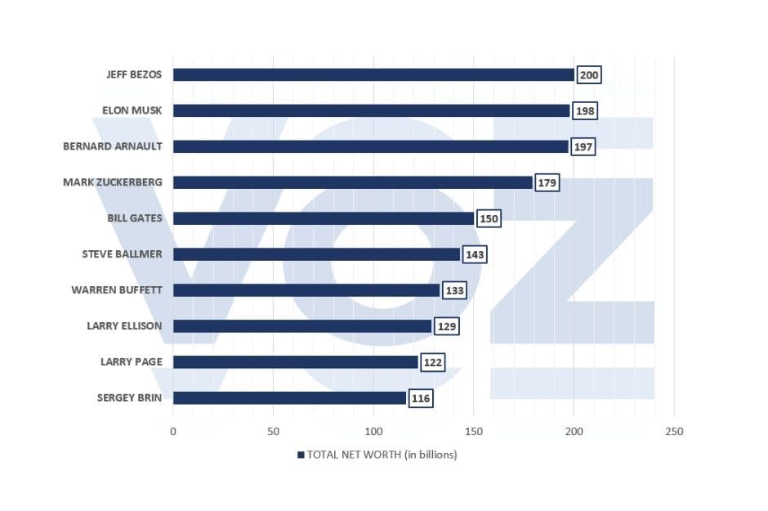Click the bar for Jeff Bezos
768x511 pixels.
(x=373, y=74)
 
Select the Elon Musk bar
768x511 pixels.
(x=371, y=110)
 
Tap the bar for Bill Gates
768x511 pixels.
(x=324, y=218)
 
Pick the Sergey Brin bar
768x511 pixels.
(x=289, y=398)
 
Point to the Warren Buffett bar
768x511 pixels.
(x=306, y=290)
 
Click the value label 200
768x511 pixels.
(x=588, y=75)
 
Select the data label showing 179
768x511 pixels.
(x=547, y=183)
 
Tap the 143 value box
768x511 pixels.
(x=475, y=255)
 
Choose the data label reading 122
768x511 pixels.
(x=432, y=363)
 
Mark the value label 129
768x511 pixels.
(x=446, y=327)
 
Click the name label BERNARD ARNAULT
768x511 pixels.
(x=113, y=146)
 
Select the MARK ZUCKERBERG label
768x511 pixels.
(x=113, y=182)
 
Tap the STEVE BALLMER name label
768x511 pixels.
(x=122, y=254)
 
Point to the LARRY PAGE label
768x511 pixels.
(x=131, y=362)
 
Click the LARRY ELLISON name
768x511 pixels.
(x=124, y=326)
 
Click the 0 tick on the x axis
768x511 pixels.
(x=173, y=432)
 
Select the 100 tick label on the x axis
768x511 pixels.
(x=373, y=432)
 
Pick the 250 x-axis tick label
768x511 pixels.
(x=674, y=432)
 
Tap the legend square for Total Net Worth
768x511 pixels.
(x=301, y=455)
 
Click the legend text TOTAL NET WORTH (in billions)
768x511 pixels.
(x=382, y=455)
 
